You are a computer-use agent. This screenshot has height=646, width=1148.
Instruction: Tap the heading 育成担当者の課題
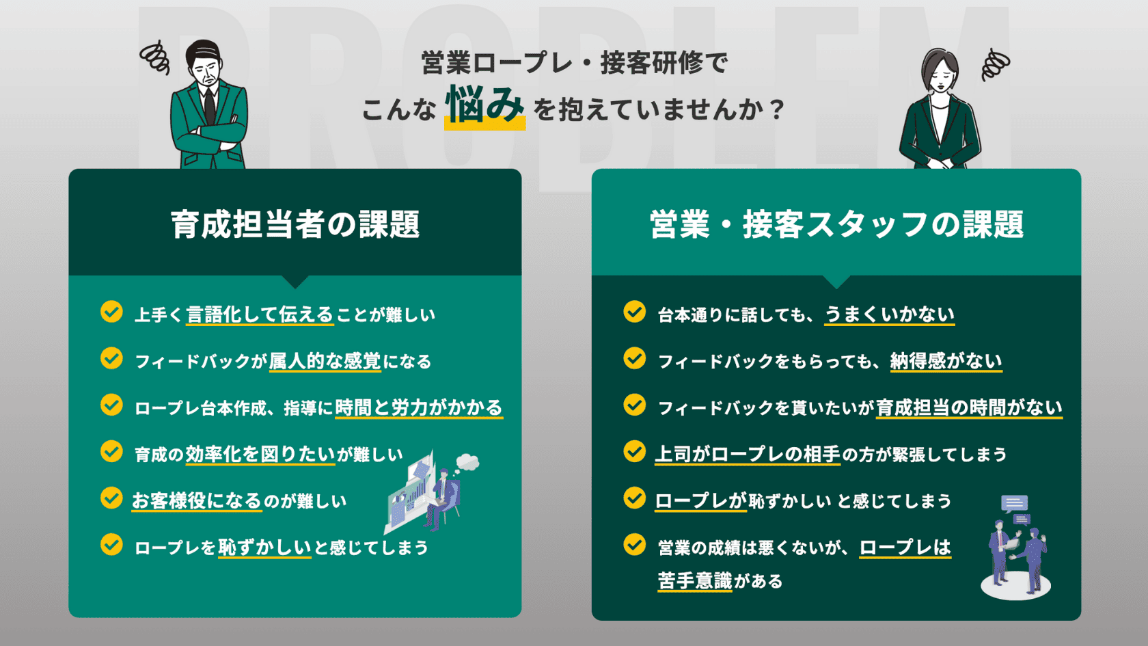(x=295, y=224)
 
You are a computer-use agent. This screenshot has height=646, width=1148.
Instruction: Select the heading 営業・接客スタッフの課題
(x=836, y=224)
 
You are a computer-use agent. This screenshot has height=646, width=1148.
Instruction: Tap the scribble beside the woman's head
(x=995, y=64)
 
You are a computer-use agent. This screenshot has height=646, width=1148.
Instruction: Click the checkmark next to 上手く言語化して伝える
(x=111, y=312)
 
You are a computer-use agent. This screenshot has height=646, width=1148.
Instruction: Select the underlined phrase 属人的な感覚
(x=325, y=362)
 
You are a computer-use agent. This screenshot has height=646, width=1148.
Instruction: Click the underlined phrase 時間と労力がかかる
(x=419, y=408)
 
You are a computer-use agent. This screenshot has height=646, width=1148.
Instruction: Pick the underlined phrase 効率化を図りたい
(x=260, y=454)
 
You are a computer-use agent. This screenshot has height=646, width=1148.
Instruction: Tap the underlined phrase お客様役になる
(x=197, y=501)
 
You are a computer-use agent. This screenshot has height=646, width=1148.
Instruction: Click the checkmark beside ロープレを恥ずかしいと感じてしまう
(x=111, y=544)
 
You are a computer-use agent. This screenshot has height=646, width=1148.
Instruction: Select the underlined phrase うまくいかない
(x=889, y=314)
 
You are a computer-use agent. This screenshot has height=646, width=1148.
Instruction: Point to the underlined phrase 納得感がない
(x=946, y=362)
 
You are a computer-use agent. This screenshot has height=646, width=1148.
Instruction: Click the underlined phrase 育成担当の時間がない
(x=969, y=408)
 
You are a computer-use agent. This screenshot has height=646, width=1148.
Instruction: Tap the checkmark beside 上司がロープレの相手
(x=634, y=451)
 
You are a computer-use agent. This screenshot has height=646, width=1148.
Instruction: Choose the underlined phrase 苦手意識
(x=695, y=581)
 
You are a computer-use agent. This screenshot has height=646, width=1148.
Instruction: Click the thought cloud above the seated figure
(x=467, y=462)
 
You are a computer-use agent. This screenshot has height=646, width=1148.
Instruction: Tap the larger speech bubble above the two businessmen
(x=1014, y=503)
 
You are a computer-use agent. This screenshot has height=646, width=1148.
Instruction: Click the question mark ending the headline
(x=777, y=109)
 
